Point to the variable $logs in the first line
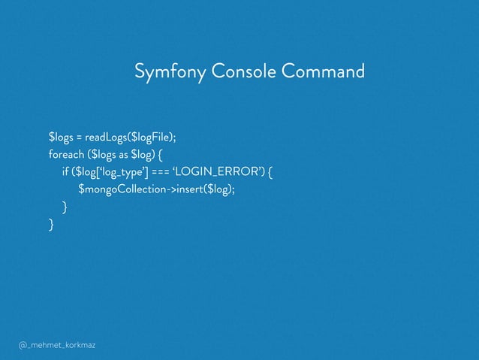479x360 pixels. [61, 137]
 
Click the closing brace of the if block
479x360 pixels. [65, 207]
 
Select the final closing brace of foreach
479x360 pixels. [50, 224]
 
